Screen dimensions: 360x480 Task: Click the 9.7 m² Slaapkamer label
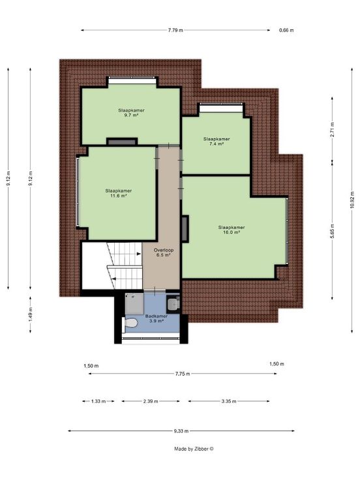coord(131,113)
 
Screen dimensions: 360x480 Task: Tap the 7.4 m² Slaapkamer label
coord(217,141)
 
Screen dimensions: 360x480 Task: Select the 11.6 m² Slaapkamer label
coord(119,193)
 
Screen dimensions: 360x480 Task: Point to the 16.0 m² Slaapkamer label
coord(232,230)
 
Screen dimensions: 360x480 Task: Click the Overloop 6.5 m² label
coord(164,252)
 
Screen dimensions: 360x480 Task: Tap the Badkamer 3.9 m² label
coord(156,318)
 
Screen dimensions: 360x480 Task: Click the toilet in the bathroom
coord(130,323)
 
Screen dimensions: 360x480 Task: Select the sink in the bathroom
coord(173,304)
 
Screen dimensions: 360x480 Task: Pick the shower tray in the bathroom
coord(134,304)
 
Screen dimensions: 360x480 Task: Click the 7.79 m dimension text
coord(175,30)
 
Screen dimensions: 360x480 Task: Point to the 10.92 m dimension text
coord(352,200)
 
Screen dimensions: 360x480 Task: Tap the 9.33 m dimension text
coord(181,431)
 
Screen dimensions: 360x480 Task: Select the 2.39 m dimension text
coord(151,401)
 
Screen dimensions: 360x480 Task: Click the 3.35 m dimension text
coord(229,401)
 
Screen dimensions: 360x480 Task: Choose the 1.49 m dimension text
coord(30,314)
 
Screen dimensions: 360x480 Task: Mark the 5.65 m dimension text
coord(333,232)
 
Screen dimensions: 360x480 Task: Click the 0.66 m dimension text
coord(286,30)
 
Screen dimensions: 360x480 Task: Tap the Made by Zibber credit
coord(194,449)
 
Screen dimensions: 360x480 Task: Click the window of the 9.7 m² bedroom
coord(132,80)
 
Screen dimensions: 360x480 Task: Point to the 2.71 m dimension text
coord(333,130)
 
